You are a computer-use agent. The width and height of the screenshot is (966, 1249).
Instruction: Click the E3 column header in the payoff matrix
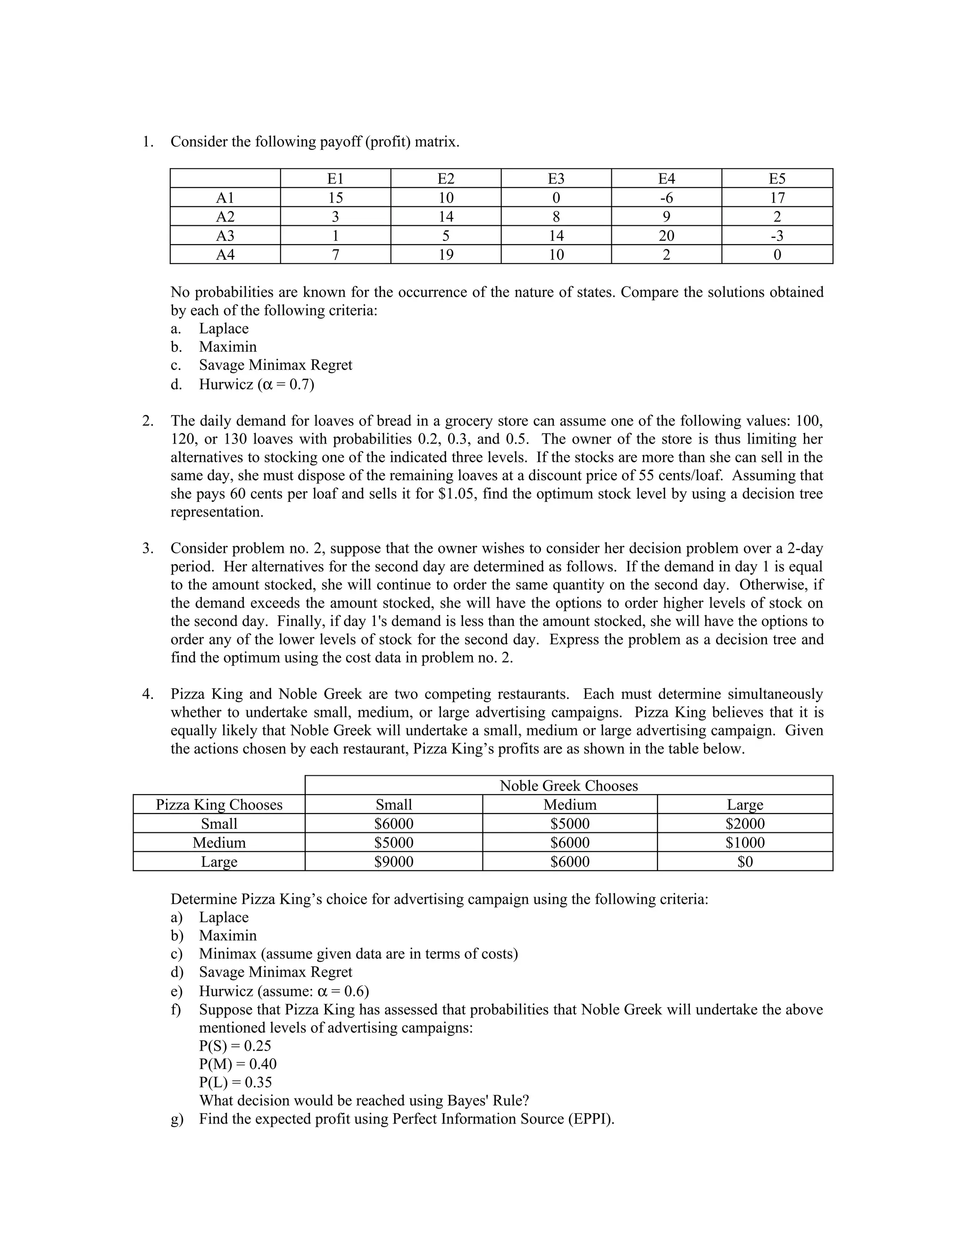(x=556, y=179)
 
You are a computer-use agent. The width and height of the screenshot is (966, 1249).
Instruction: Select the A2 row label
(x=225, y=217)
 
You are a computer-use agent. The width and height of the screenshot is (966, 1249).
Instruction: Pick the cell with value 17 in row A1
(x=776, y=198)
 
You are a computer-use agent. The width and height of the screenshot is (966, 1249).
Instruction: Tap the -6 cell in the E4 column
(x=666, y=198)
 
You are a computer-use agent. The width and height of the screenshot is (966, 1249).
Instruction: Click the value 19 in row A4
(x=446, y=255)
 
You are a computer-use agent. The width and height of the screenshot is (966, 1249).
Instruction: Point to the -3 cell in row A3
(x=776, y=236)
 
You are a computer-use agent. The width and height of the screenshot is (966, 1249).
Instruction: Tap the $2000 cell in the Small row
(x=744, y=823)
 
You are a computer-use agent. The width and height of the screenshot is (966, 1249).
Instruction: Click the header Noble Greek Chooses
(x=568, y=786)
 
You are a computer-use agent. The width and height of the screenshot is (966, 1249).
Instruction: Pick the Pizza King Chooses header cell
(x=219, y=805)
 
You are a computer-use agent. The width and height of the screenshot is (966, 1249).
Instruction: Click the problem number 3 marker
(x=148, y=549)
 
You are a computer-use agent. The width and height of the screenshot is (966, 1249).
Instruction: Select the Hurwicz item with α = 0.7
(x=257, y=384)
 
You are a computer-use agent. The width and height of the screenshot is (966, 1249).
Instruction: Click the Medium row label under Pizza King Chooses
(x=219, y=842)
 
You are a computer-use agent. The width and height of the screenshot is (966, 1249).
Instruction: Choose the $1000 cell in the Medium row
(x=744, y=842)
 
